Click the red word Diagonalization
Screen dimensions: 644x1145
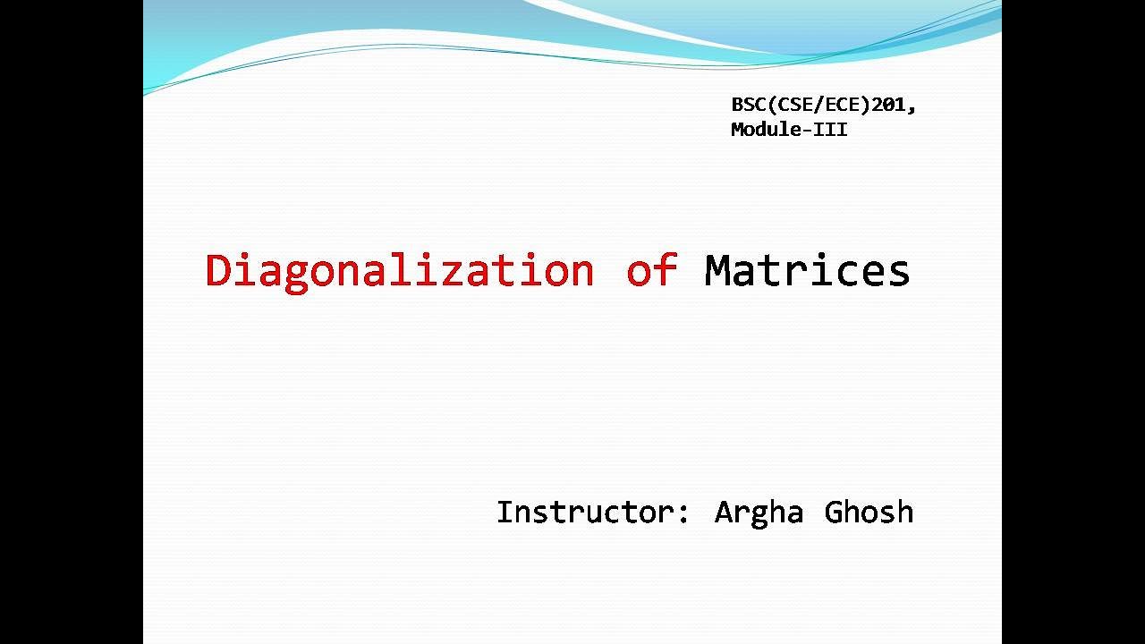pyautogui.click(x=399, y=271)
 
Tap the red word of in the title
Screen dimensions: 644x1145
pyautogui.click(x=651, y=270)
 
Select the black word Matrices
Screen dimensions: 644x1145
pyautogui.click(x=807, y=270)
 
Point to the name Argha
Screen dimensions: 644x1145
pyautogui.click(x=759, y=513)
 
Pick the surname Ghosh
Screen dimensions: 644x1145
pyautogui.click(x=869, y=513)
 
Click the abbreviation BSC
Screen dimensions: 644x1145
pyautogui.click(x=748, y=106)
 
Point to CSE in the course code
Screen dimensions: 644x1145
pyautogui.click(x=791, y=106)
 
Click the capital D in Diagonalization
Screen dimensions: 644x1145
pyautogui.click(x=217, y=271)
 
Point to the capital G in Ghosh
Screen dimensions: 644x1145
pyautogui.click(x=835, y=513)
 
